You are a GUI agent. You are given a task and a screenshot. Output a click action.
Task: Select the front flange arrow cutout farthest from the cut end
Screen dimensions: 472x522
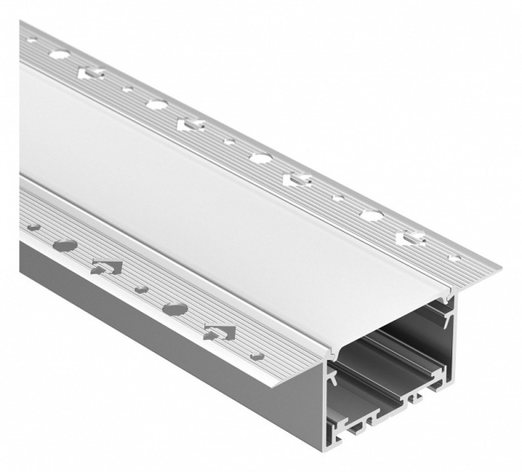tap(106, 268)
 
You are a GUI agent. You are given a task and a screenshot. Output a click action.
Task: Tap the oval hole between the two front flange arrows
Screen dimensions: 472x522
tap(175, 309)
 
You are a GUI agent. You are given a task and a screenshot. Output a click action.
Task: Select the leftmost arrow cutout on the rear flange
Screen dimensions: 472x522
tap(90, 72)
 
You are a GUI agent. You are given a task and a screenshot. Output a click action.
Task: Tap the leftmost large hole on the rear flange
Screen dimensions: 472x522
tap(62, 54)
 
